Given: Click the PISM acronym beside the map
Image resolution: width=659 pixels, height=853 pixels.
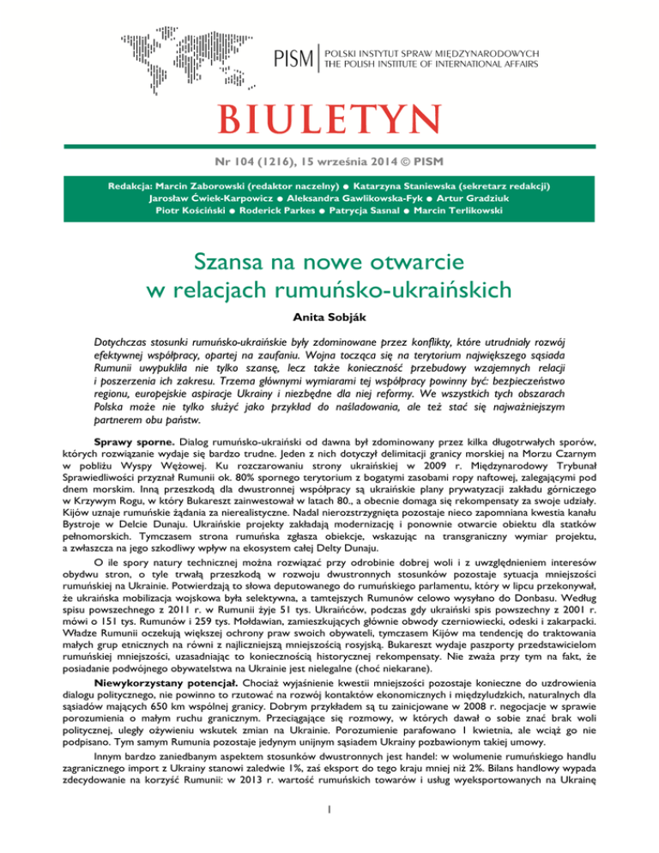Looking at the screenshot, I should pos(293,59).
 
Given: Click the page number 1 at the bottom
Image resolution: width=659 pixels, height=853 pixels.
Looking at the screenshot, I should pos(329,832).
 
